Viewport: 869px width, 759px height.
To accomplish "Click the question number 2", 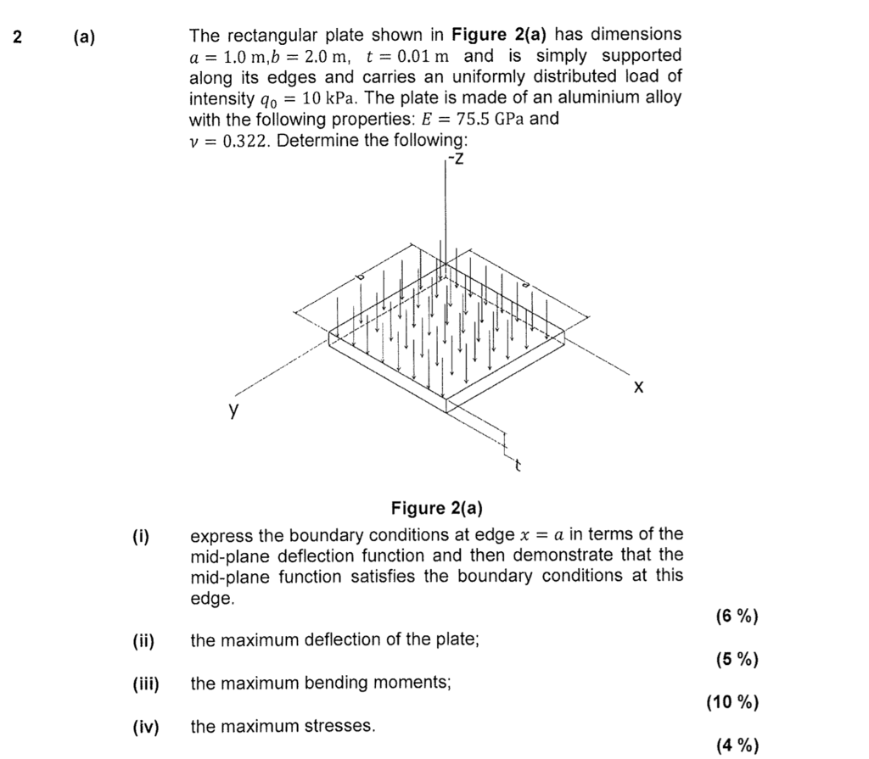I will [16, 36].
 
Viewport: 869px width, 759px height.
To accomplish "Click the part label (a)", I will [85, 36].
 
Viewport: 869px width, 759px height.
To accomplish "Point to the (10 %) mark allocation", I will [732, 702].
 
